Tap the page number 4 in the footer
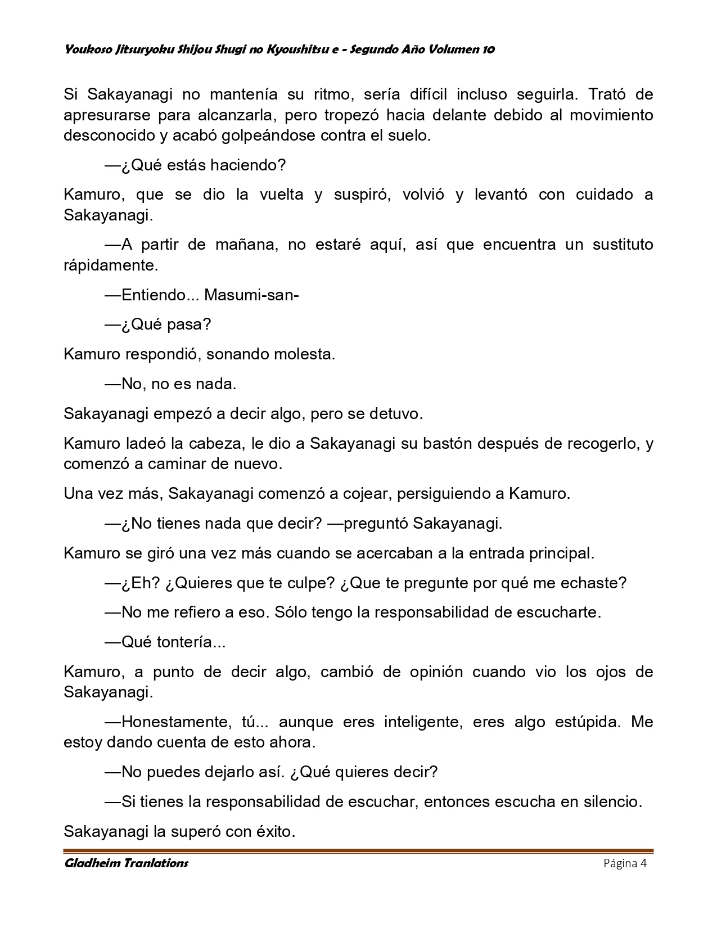644,863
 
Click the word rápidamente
111,265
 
